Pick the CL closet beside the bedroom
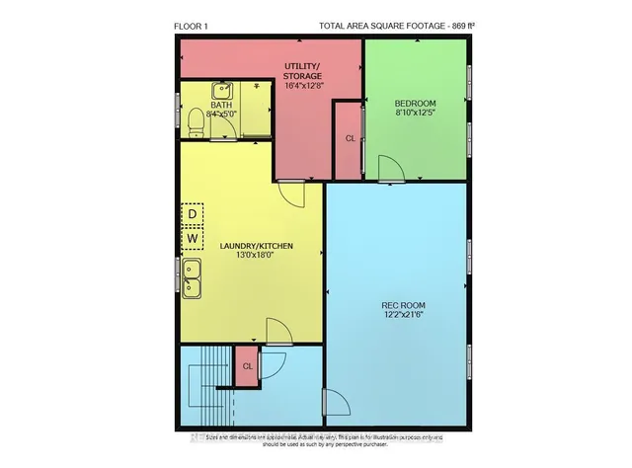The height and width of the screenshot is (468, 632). [350, 139]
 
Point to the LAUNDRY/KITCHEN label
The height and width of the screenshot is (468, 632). [257, 245]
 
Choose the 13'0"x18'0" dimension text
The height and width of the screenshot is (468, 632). [257, 256]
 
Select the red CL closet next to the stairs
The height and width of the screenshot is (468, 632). [246, 365]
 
